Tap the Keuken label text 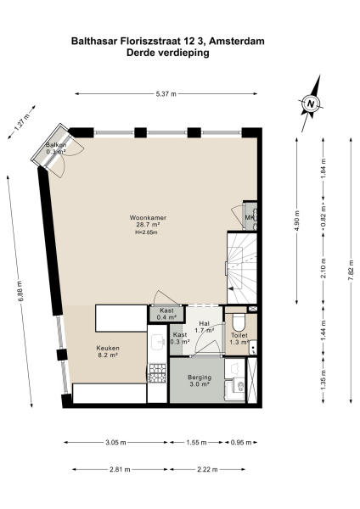tap(107, 349)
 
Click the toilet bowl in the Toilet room tap(239, 325)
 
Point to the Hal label tap(203, 323)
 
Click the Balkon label tap(57, 147)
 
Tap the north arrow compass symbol tap(311, 104)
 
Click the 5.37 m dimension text tap(166, 95)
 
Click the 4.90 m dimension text tap(295, 219)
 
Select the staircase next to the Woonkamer tap(241, 268)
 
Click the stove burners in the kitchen tap(157, 374)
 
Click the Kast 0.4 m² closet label tap(166, 315)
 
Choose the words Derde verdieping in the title tap(167, 53)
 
